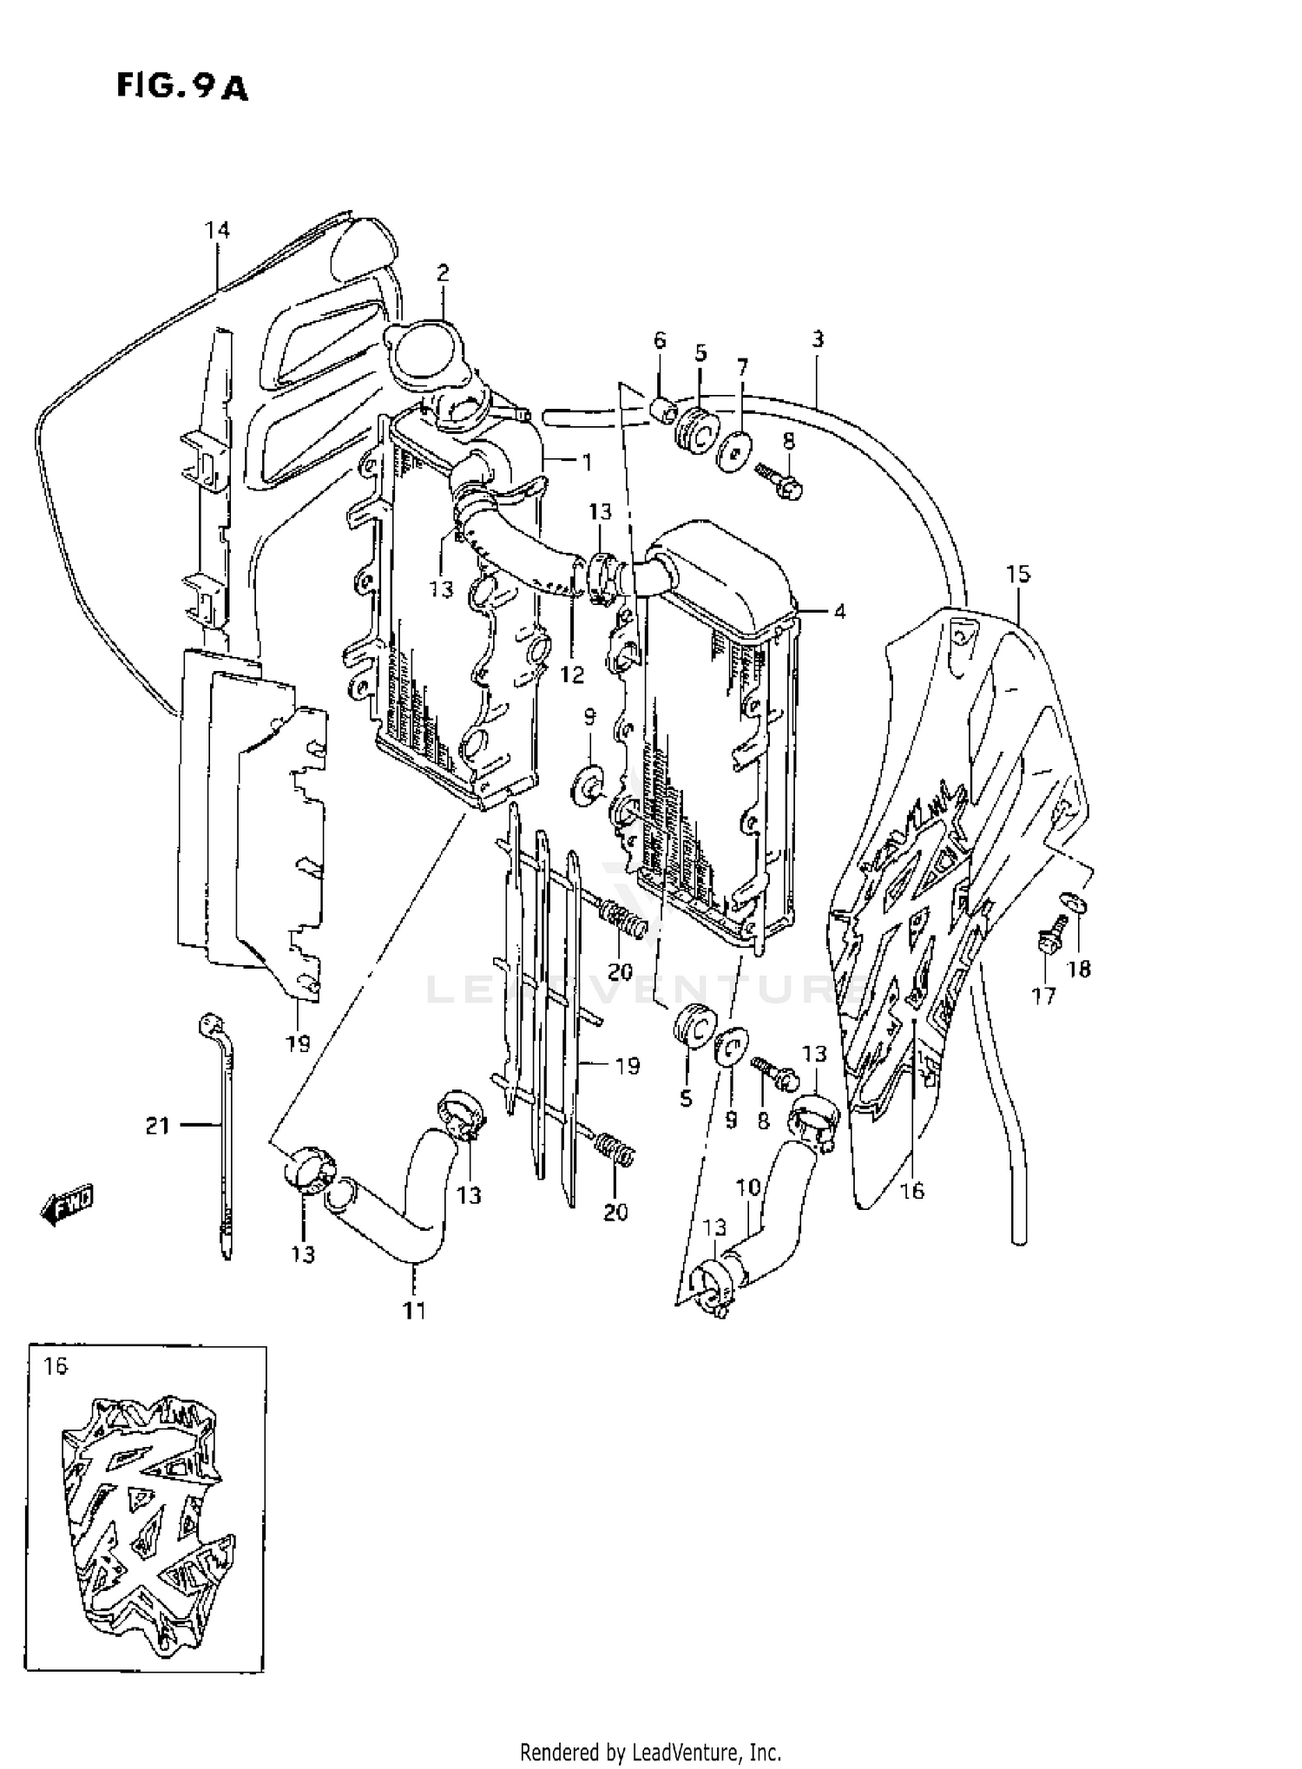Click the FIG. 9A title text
182,88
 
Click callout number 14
217,230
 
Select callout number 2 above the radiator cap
443,273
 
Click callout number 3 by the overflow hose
818,339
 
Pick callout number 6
660,340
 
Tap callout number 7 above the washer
742,366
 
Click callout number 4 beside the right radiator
838,611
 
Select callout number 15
1018,574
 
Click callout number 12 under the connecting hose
572,674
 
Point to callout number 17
1044,996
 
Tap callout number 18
1079,968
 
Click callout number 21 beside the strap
157,1126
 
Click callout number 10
748,1187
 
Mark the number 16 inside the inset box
56,1366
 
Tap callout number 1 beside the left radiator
587,463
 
